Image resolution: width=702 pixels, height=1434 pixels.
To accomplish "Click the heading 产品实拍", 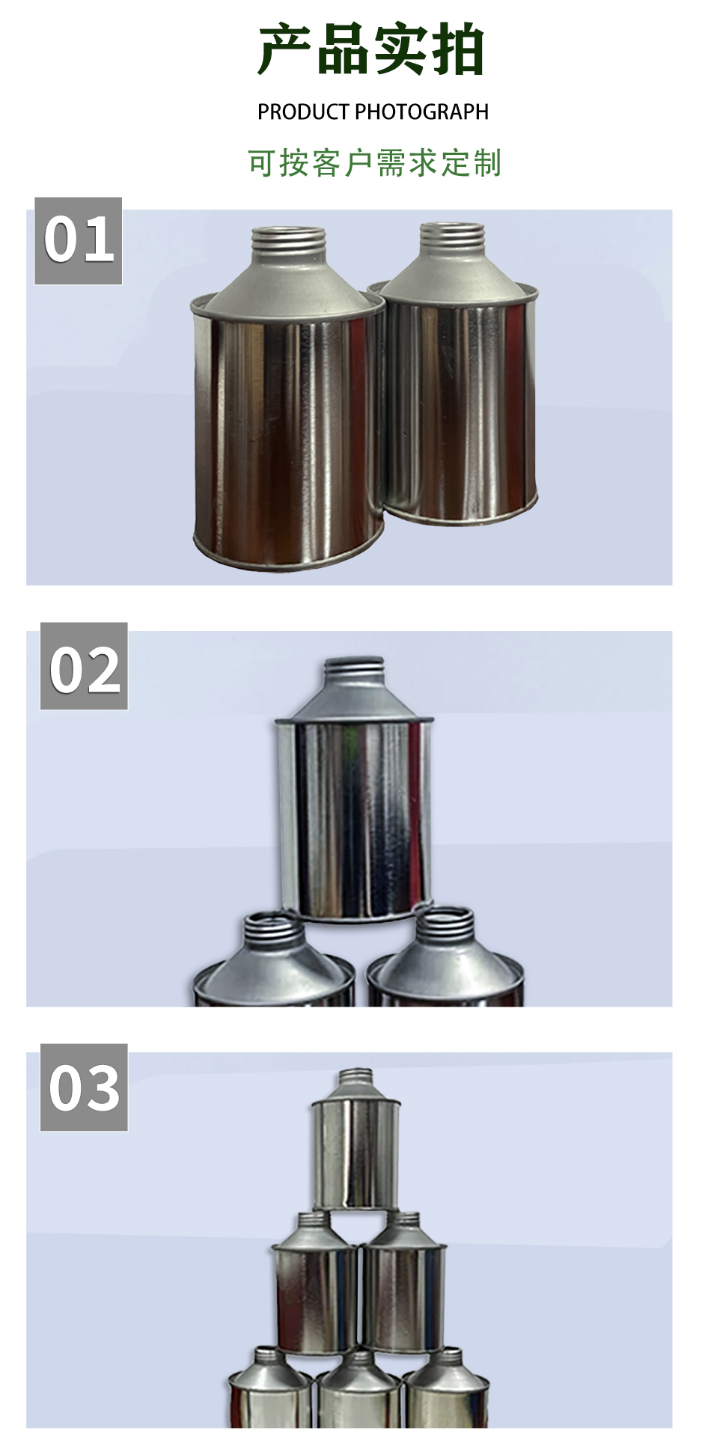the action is click(372, 50).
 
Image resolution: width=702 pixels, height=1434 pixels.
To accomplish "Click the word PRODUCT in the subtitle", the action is click(303, 112).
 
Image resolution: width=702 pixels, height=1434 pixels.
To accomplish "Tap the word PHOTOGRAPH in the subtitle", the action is click(421, 112).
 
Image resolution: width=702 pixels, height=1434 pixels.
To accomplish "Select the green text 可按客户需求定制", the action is click(374, 163).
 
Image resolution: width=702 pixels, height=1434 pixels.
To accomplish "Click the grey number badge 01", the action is click(79, 241).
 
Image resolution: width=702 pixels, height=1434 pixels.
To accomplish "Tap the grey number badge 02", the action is click(84, 666).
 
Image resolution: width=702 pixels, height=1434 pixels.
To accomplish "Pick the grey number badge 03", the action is click(84, 1087).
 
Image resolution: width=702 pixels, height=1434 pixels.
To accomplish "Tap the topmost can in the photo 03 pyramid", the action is click(356, 1139).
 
